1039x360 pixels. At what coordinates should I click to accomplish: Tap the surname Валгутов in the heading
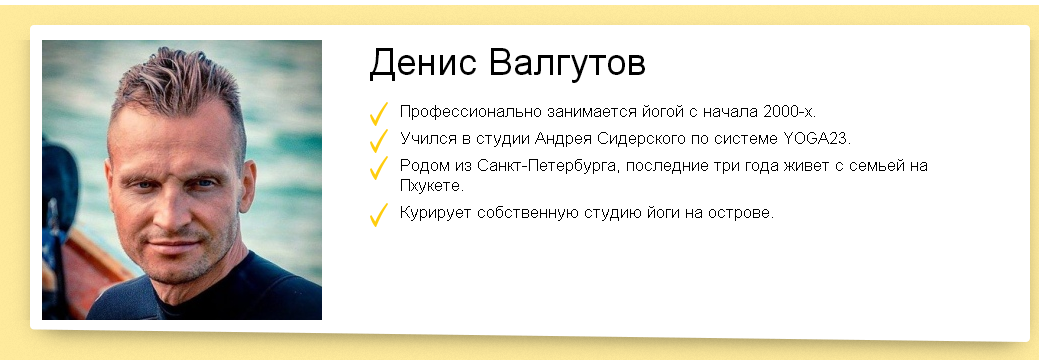click(x=567, y=64)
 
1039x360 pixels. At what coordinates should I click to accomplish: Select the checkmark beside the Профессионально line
click(x=378, y=113)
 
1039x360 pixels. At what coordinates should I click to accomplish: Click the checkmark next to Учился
click(x=378, y=141)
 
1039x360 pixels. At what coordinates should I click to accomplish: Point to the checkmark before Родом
click(x=378, y=167)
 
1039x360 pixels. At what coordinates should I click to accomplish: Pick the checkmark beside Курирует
click(x=378, y=215)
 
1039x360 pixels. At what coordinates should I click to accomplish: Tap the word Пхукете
click(x=431, y=186)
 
